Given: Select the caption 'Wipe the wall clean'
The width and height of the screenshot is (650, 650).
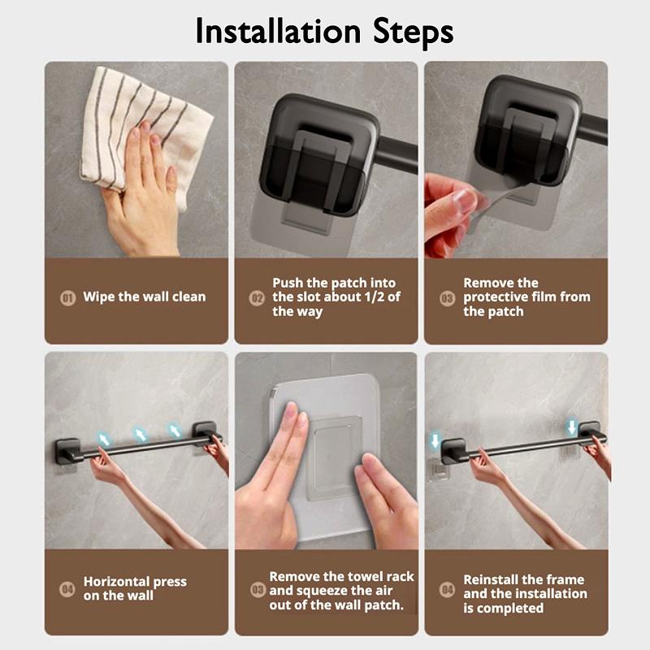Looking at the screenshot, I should (144, 297).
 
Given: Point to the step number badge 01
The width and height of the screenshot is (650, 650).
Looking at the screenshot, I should (68, 297).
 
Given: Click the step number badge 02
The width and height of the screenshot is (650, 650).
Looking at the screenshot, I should (257, 298).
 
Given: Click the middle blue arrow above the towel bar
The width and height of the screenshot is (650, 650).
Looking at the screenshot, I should (141, 435).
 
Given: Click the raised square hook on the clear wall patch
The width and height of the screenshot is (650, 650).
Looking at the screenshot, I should (332, 455).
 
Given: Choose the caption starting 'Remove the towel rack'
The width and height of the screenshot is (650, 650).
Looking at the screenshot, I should (341, 591).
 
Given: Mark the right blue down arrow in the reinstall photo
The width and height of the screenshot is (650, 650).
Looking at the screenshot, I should (573, 427).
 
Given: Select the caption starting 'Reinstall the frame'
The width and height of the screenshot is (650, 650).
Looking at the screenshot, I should (523, 594).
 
